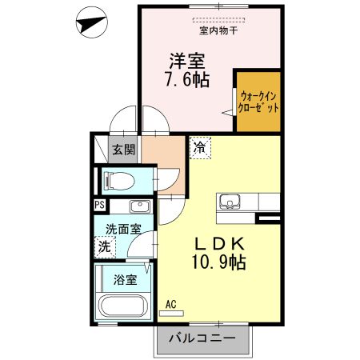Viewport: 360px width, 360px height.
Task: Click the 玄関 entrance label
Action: coord(123,149)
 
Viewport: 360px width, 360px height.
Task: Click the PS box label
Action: coord(99,205)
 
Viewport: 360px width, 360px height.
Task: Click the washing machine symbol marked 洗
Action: coord(105,248)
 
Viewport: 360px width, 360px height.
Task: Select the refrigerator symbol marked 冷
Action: coord(198,147)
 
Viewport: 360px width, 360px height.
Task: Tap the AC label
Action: coord(171,304)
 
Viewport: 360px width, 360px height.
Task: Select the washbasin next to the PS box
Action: coord(137,205)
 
